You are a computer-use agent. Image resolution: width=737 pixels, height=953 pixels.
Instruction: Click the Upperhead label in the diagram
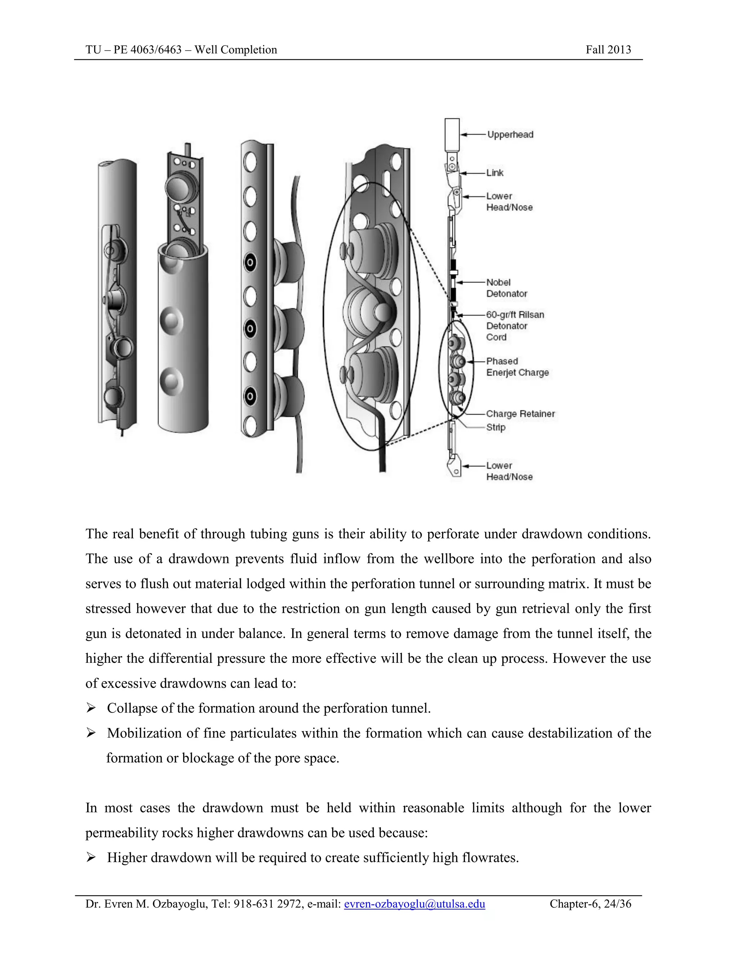[x=510, y=134]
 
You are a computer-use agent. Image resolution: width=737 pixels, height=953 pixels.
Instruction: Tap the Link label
[x=495, y=173]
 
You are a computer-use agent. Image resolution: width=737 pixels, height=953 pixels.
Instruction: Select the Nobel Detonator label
[x=506, y=288]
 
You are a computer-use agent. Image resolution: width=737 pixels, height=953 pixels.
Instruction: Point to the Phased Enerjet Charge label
[x=517, y=367]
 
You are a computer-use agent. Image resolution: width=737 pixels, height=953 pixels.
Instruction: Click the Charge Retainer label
[x=520, y=414]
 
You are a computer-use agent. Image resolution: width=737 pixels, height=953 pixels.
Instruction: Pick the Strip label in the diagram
[x=496, y=427]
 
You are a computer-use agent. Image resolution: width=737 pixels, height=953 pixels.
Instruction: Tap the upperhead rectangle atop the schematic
[x=452, y=134]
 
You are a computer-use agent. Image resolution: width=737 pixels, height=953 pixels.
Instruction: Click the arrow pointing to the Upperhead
[x=473, y=134]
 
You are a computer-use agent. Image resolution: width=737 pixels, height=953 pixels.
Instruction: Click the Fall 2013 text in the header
[x=608, y=50]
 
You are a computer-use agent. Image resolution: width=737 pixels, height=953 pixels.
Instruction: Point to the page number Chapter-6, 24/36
[x=590, y=904]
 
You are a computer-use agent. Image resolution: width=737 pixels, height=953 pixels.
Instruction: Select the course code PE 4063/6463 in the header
[x=148, y=50]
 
